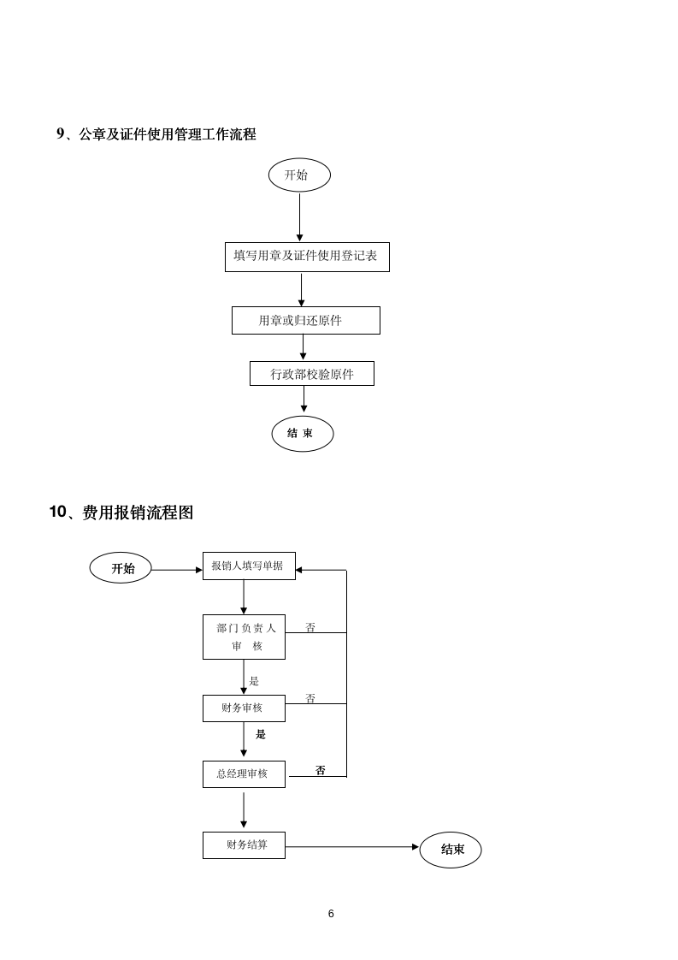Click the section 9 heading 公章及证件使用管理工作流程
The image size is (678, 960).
[156, 134]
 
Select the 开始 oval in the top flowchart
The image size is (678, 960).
[299, 175]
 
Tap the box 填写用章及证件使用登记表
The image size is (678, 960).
[307, 256]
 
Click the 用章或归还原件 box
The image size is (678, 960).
[305, 320]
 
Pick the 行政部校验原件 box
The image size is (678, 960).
[311, 374]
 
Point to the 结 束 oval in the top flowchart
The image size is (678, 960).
[302, 434]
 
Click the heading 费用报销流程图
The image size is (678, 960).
[121, 513]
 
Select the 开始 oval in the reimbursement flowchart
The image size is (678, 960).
[121, 568]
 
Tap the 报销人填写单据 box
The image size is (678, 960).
[249, 566]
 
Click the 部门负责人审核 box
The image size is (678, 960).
[244, 637]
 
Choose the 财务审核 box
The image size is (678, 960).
[244, 708]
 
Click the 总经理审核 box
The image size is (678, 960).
[244, 773]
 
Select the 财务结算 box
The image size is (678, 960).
[244, 844]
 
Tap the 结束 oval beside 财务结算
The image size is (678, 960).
[451, 850]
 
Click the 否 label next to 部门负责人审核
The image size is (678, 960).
[310, 627]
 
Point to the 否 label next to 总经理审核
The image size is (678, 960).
[321, 770]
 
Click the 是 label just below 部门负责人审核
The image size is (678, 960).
[254, 681]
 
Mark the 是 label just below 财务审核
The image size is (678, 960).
[261, 734]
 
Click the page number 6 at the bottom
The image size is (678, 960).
[331, 913]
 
